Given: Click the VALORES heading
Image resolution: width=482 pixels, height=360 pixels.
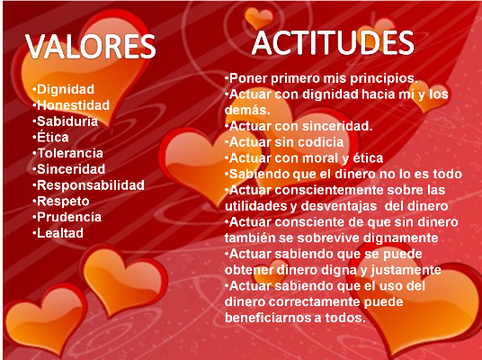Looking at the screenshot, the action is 90,47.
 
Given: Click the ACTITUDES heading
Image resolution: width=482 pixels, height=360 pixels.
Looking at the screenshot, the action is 333,43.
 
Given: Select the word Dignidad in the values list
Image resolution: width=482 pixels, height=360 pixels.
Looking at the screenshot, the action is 66,89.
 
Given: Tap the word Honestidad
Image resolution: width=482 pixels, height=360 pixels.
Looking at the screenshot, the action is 73,105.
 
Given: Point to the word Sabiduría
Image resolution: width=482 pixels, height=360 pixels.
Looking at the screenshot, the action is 67,121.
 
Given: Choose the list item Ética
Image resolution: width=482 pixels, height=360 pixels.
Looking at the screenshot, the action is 52,137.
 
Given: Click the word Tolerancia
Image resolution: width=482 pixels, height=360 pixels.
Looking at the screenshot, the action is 70,153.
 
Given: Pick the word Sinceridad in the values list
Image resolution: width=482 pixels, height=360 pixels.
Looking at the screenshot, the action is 71,169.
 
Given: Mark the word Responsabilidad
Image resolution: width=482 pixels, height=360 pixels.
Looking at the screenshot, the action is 91,185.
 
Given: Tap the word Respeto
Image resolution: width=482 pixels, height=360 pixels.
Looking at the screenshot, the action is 63,202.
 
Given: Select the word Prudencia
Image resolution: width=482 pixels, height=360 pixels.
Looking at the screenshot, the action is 69,217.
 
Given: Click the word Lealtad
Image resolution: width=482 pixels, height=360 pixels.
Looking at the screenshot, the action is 60,233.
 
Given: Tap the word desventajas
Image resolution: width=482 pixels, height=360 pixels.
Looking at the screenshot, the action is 339,206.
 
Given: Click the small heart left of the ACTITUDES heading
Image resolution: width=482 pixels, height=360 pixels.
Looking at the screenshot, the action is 259,18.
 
